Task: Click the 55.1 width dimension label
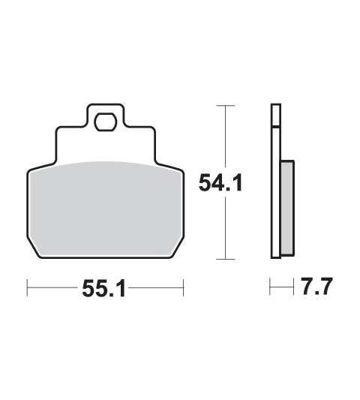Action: point(103,288)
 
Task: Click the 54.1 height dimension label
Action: point(220,182)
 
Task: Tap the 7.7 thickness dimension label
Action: point(317,286)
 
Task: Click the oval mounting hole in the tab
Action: point(105,123)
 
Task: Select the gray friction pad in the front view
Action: point(105,209)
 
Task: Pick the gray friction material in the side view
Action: point(287,208)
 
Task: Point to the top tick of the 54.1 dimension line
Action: point(226,105)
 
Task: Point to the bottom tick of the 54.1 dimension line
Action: point(226,259)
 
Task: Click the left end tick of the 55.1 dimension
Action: point(27,287)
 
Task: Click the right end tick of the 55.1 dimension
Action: point(183,287)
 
